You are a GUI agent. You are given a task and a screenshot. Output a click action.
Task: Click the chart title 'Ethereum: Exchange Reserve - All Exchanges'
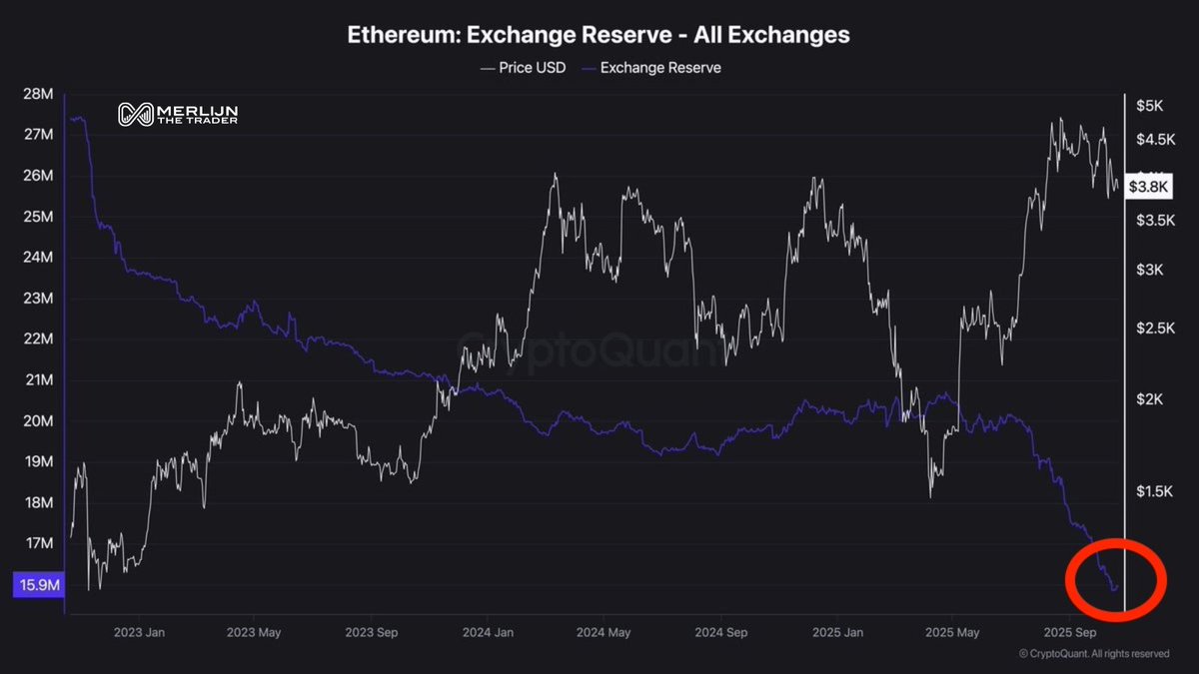tap(599, 34)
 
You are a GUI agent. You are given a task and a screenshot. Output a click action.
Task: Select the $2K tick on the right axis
tap(1149, 399)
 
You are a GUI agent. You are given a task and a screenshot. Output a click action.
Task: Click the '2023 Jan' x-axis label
tap(140, 632)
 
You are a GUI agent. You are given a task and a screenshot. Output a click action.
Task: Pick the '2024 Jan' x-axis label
tap(490, 632)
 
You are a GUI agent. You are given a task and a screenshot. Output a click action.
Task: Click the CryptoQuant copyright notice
tap(1093, 654)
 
